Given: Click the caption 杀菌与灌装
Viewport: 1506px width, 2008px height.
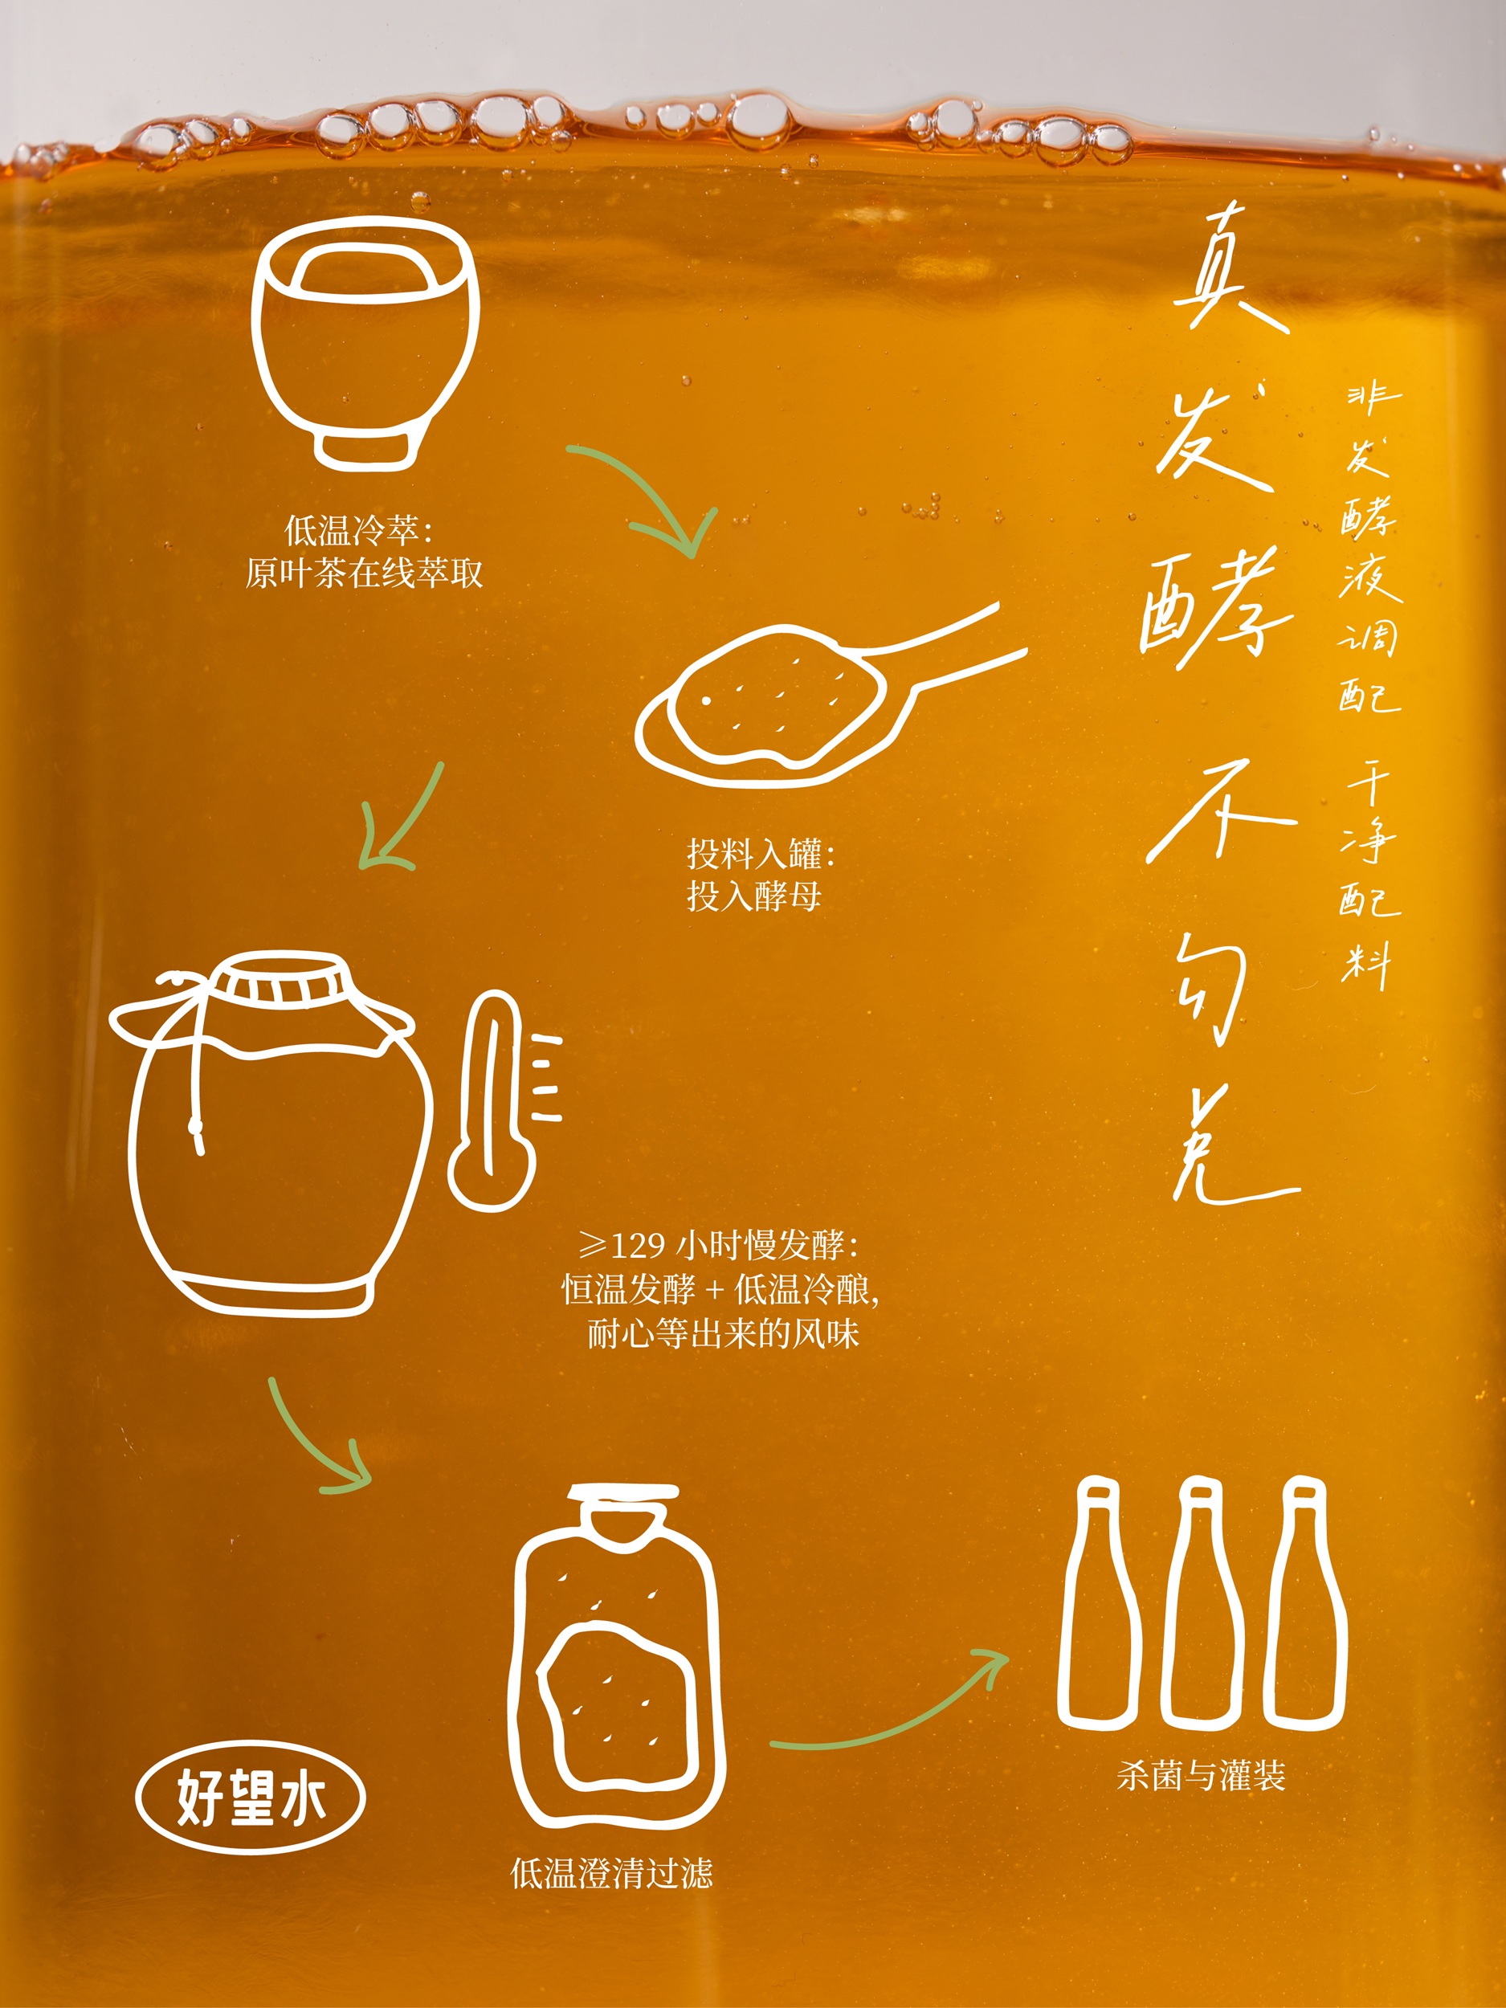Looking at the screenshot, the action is [x=1201, y=1776].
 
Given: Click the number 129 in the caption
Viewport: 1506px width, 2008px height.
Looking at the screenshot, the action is [x=639, y=1246].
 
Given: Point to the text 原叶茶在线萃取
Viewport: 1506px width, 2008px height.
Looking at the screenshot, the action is [x=364, y=573].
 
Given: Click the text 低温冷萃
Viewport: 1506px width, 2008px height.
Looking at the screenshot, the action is [x=351, y=529].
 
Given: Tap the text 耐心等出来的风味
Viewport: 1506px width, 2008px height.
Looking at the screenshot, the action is [x=723, y=1333].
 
